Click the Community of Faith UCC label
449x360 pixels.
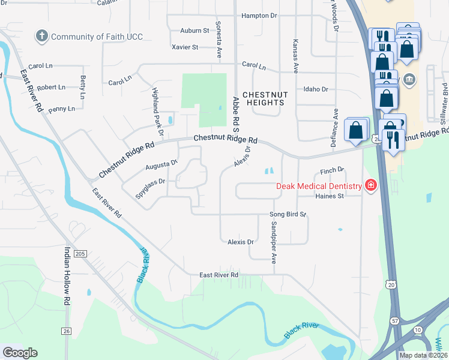click(x=97, y=37)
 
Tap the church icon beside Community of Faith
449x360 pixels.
click(x=42, y=36)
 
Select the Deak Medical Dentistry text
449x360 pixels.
click(x=319, y=186)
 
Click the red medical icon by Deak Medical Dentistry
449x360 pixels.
click(x=370, y=185)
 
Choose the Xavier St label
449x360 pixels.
click(x=184, y=47)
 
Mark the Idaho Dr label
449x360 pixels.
click(x=316, y=89)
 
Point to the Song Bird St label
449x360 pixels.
click(x=288, y=214)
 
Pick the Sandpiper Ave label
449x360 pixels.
click(x=273, y=242)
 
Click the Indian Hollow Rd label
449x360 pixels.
click(x=67, y=277)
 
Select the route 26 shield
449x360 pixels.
click(x=65, y=331)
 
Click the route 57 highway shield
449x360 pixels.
click(x=394, y=338)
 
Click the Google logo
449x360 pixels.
click(x=20, y=353)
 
